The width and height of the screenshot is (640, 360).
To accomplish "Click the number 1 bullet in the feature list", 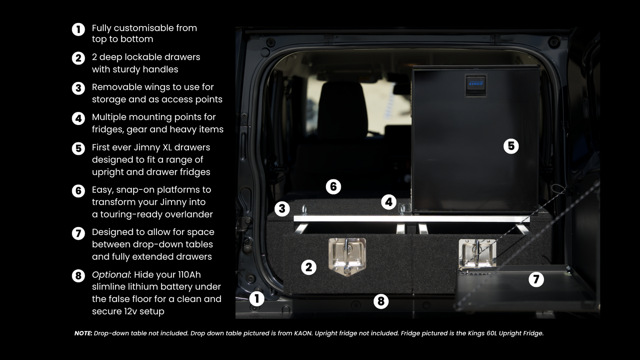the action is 78,29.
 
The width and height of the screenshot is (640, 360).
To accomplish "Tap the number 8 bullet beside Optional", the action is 78,276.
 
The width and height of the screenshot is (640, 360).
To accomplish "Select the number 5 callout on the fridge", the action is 511,146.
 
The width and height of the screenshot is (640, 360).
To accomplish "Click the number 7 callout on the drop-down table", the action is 536,279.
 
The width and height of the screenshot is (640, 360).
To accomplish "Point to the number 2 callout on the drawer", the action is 308,267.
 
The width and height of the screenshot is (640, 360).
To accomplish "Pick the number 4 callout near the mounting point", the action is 389,202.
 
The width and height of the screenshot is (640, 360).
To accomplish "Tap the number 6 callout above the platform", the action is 333,187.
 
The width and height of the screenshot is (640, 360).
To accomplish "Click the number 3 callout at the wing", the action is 282,209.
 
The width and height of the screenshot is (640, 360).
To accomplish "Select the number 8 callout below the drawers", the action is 381,302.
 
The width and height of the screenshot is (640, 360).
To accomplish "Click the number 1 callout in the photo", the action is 256,299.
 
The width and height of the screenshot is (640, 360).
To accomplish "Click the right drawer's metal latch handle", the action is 477,253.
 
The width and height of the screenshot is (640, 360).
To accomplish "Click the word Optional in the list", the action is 111,275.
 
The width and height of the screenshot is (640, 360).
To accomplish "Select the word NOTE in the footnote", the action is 83,334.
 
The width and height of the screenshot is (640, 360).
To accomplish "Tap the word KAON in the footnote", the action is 303,334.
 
